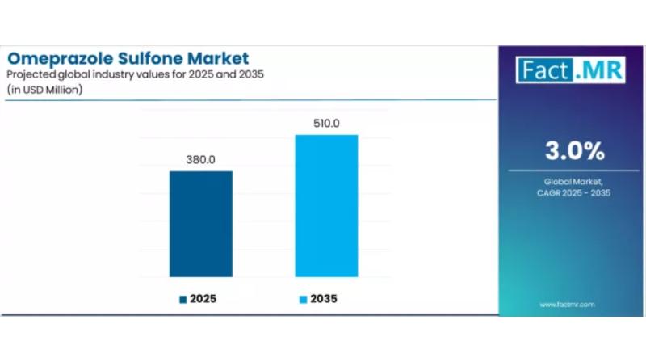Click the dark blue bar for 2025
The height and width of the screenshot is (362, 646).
point(200,224)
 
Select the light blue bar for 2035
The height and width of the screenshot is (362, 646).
point(326,205)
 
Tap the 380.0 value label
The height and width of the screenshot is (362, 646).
point(200,159)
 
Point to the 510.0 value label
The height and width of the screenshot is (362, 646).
point(326,123)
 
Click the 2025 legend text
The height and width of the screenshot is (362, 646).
point(203,298)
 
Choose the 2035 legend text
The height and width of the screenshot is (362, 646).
point(323,298)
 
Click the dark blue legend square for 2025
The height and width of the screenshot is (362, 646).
point(183,299)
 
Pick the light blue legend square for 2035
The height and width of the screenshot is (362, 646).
point(304,299)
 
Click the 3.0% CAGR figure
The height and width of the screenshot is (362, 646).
point(573,150)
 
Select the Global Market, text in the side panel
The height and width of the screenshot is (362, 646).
point(573,183)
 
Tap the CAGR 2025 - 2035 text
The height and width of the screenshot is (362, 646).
point(573,194)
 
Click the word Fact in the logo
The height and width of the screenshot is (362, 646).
point(544,69)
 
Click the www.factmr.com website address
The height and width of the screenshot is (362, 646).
point(567,304)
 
